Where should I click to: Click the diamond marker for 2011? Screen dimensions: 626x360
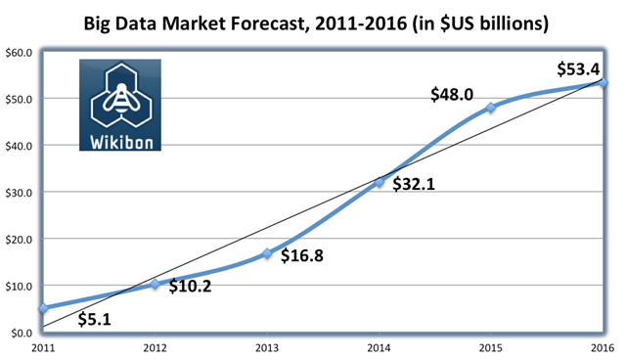(x=43, y=308)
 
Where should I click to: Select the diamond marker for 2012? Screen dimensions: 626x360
(x=155, y=284)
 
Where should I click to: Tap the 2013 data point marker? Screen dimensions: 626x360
(x=267, y=253)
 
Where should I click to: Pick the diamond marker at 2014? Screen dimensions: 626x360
(x=379, y=182)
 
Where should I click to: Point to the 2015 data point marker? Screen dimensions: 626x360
(x=491, y=108)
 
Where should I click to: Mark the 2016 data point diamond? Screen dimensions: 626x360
(x=603, y=82)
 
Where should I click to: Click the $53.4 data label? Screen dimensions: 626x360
(x=578, y=69)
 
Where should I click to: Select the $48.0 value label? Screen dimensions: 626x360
(x=452, y=95)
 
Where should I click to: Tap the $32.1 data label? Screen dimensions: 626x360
(x=414, y=184)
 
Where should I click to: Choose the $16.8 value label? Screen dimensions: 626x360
(x=302, y=255)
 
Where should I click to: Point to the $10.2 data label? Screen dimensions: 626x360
(x=190, y=287)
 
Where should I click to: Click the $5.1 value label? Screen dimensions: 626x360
(x=95, y=319)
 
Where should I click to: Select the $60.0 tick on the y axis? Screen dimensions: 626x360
(x=19, y=53)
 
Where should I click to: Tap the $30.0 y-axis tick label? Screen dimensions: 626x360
(x=19, y=193)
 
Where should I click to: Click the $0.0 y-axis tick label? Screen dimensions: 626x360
(x=22, y=334)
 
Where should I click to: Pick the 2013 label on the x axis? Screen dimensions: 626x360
(x=267, y=348)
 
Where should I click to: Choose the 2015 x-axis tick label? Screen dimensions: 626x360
(x=491, y=348)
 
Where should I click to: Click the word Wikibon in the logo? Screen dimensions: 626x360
(x=121, y=143)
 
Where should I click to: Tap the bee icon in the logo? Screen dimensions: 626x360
(x=121, y=98)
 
